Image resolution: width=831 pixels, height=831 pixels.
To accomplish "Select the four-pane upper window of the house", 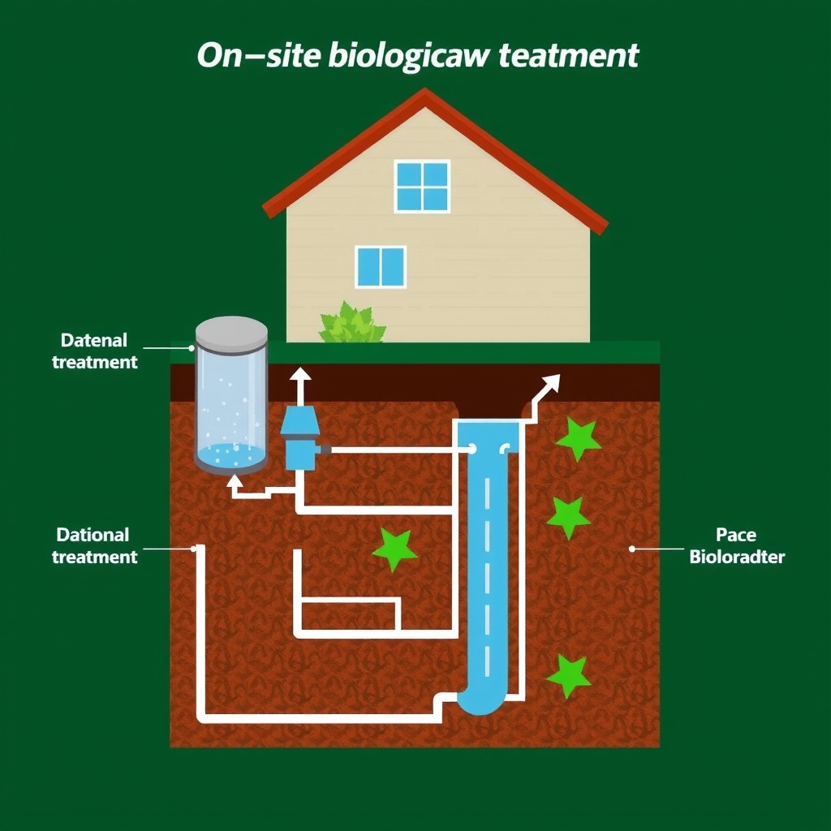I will (x=422, y=186).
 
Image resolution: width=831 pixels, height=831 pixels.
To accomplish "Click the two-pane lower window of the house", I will (x=381, y=267).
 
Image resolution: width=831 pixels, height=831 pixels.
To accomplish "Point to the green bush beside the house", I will (x=351, y=325).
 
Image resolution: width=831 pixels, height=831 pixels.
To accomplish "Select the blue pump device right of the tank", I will (x=299, y=439).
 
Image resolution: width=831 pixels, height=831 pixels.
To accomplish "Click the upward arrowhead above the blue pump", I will (x=300, y=375).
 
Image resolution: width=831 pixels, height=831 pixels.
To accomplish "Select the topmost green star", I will (x=579, y=439).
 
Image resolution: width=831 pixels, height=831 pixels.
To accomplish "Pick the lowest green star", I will (x=568, y=675).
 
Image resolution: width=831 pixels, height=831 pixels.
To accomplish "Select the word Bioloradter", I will (x=737, y=558).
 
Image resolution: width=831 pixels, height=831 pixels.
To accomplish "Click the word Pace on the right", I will (x=736, y=536).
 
